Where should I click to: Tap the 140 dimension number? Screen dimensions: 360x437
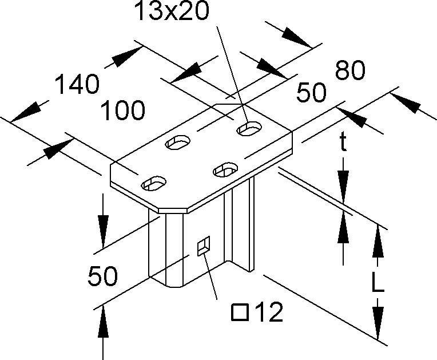tap(77, 85)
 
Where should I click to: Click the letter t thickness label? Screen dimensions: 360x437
tap(343, 143)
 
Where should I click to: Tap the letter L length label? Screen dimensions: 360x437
tap(376, 282)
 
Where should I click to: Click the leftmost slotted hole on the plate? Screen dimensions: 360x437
tap(154, 184)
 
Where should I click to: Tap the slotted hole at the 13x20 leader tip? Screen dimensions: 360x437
tap(248, 129)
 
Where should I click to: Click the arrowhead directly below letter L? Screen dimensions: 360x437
tap(377, 323)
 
